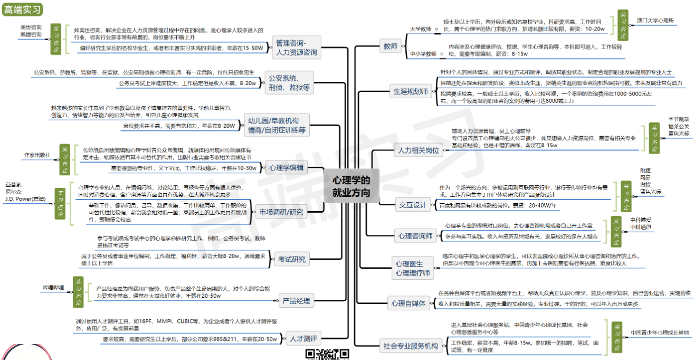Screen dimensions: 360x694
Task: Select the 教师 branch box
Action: point(390,47)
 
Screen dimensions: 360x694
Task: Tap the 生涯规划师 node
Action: point(410,91)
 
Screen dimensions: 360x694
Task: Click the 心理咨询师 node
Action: point(415,235)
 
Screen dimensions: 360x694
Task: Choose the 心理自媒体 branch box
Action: point(408,304)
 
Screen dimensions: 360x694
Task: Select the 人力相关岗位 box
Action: point(417,150)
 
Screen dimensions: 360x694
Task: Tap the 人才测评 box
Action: point(303,338)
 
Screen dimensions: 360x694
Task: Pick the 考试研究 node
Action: point(291,259)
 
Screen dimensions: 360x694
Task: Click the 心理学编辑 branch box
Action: point(286,168)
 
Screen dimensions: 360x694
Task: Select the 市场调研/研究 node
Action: point(281,213)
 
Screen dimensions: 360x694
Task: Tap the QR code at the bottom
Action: point(327,354)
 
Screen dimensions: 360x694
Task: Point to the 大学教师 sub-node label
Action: point(421,29)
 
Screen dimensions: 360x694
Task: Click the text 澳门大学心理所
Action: point(655,21)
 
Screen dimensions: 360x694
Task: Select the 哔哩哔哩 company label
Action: point(53,288)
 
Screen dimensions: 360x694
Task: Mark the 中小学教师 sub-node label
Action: point(423,54)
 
